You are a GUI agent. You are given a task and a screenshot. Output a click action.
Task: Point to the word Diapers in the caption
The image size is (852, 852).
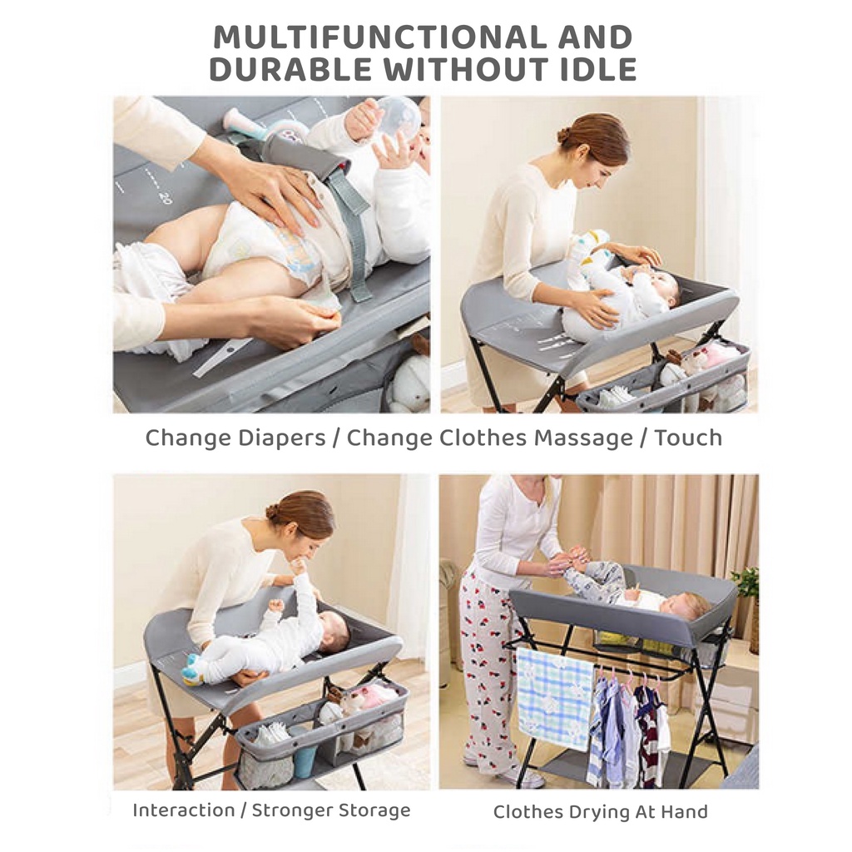pyautogui.click(x=283, y=438)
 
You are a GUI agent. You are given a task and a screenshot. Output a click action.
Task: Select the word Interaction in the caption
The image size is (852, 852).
pyautogui.click(x=184, y=810)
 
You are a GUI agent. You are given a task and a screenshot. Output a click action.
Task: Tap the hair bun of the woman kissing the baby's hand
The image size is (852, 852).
pyautogui.click(x=273, y=512)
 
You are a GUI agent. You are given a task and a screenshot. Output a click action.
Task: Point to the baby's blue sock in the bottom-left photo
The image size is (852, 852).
pyautogui.click(x=191, y=667)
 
